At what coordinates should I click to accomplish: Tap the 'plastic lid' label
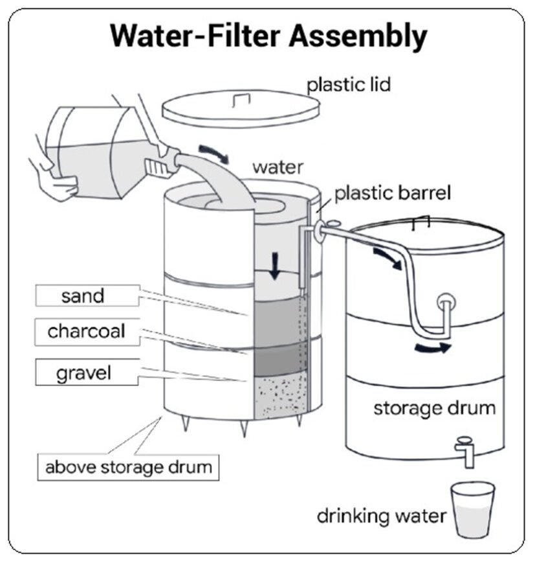[349, 84]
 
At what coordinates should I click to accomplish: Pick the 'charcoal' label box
[86, 332]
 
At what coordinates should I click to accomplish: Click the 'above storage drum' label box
[128, 466]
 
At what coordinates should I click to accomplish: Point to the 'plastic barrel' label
[392, 193]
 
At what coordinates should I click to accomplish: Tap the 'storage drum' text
[434, 409]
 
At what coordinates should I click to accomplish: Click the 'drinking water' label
[381, 516]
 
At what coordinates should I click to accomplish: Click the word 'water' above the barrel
[278, 167]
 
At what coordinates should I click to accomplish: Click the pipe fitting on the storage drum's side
[445, 301]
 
